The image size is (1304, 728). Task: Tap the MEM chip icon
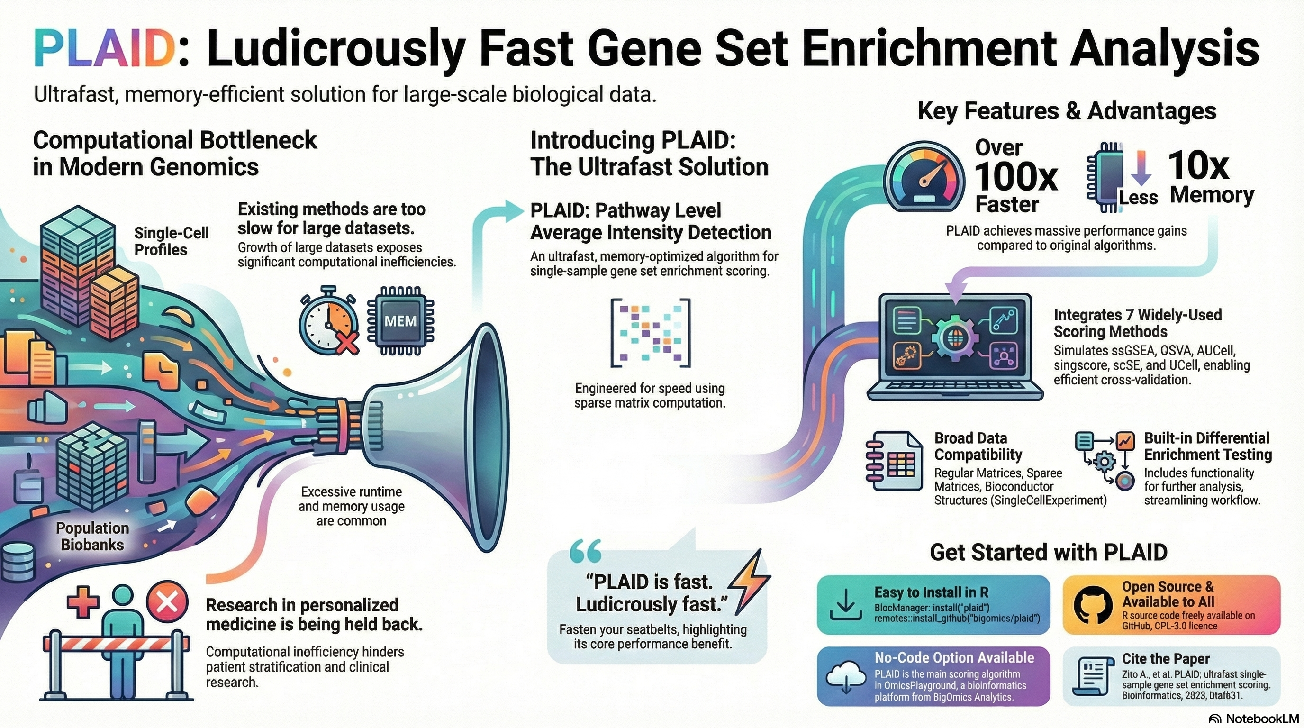click(x=400, y=321)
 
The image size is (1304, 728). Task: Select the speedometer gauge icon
click(x=924, y=177)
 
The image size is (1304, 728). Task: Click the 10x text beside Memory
click(x=1198, y=165)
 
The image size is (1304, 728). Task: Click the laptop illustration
click(x=955, y=347)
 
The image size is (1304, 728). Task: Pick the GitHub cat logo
click(x=1092, y=605)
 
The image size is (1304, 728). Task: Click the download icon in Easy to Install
click(x=846, y=605)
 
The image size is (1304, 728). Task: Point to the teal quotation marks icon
click(x=586, y=551)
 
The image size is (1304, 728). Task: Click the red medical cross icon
click(x=83, y=602)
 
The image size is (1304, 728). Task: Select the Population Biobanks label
click(x=92, y=536)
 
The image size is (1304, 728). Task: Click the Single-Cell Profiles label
click(x=171, y=241)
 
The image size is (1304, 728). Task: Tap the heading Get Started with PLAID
click(x=1048, y=552)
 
